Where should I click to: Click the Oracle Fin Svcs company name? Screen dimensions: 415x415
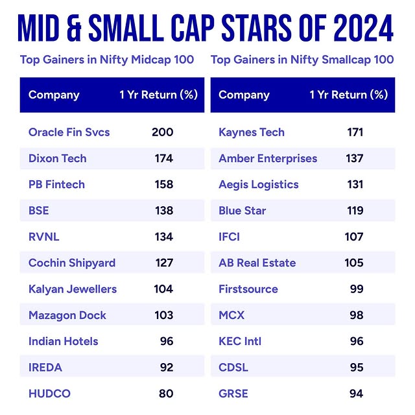pos(69,132)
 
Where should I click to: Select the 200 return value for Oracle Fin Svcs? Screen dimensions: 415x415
pos(162,132)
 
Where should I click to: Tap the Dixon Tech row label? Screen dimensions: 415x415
pos(57,158)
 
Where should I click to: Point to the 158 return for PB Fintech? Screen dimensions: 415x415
pos(163,184)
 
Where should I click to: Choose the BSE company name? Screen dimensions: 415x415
pos(38,211)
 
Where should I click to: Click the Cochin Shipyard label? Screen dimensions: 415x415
pos(71,263)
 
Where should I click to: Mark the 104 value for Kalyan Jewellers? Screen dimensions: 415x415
pos(163,289)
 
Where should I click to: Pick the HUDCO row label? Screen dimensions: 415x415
pos(49,394)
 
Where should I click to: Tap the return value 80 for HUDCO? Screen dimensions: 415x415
pos(167,394)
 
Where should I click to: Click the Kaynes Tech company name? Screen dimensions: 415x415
pos(252,132)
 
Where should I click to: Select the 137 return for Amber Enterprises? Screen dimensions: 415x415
pos(354,158)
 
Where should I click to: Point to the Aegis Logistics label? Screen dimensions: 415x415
pos(259,184)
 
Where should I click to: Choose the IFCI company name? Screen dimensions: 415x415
pos(229,237)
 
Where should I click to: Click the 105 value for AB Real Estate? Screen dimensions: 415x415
pos(354,263)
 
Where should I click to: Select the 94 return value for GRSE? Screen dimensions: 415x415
pos(357,394)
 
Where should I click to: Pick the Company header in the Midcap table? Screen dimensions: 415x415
pos(54,95)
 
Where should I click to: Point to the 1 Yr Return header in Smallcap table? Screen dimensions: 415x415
pos(348,95)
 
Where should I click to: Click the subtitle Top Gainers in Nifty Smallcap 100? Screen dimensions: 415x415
pos(302,60)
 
